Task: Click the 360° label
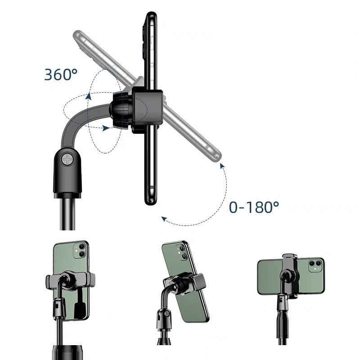click(61, 75)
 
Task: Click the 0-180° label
click(254, 207)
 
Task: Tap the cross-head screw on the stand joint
click(68, 159)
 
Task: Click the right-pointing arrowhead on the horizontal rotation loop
click(106, 128)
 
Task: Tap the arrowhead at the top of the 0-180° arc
click(222, 166)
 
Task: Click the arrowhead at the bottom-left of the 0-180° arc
click(164, 219)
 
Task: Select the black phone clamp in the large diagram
click(148, 112)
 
